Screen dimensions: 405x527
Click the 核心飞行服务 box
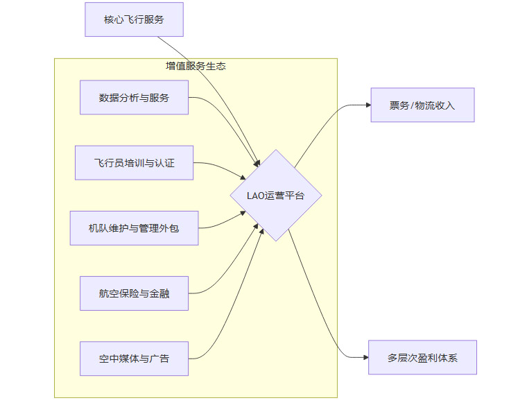pyautogui.click(x=134, y=19)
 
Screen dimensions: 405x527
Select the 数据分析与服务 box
pyautogui.click(x=134, y=98)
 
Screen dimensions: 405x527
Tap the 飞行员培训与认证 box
pyautogui.click(x=134, y=163)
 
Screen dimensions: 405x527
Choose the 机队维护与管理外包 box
pyautogui.click(x=134, y=228)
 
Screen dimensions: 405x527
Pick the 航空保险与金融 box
pyautogui.click(x=134, y=293)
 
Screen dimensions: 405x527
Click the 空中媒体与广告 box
pyautogui.click(x=134, y=359)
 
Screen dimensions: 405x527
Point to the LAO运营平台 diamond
pyautogui.click(x=275, y=196)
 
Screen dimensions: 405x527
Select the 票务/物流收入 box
pyautogui.click(x=422, y=105)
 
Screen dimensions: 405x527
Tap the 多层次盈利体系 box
pyautogui.click(x=422, y=358)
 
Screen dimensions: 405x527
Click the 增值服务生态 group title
pyautogui.click(x=196, y=67)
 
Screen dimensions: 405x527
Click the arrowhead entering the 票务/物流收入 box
pyautogui.click(x=367, y=105)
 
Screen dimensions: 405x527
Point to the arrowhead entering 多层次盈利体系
pyautogui.click(x=365, y=358)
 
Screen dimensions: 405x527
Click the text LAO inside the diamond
pyautogui.click(x=255, y=196)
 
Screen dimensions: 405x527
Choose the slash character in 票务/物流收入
pyautogui.click(x=412, y=105)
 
